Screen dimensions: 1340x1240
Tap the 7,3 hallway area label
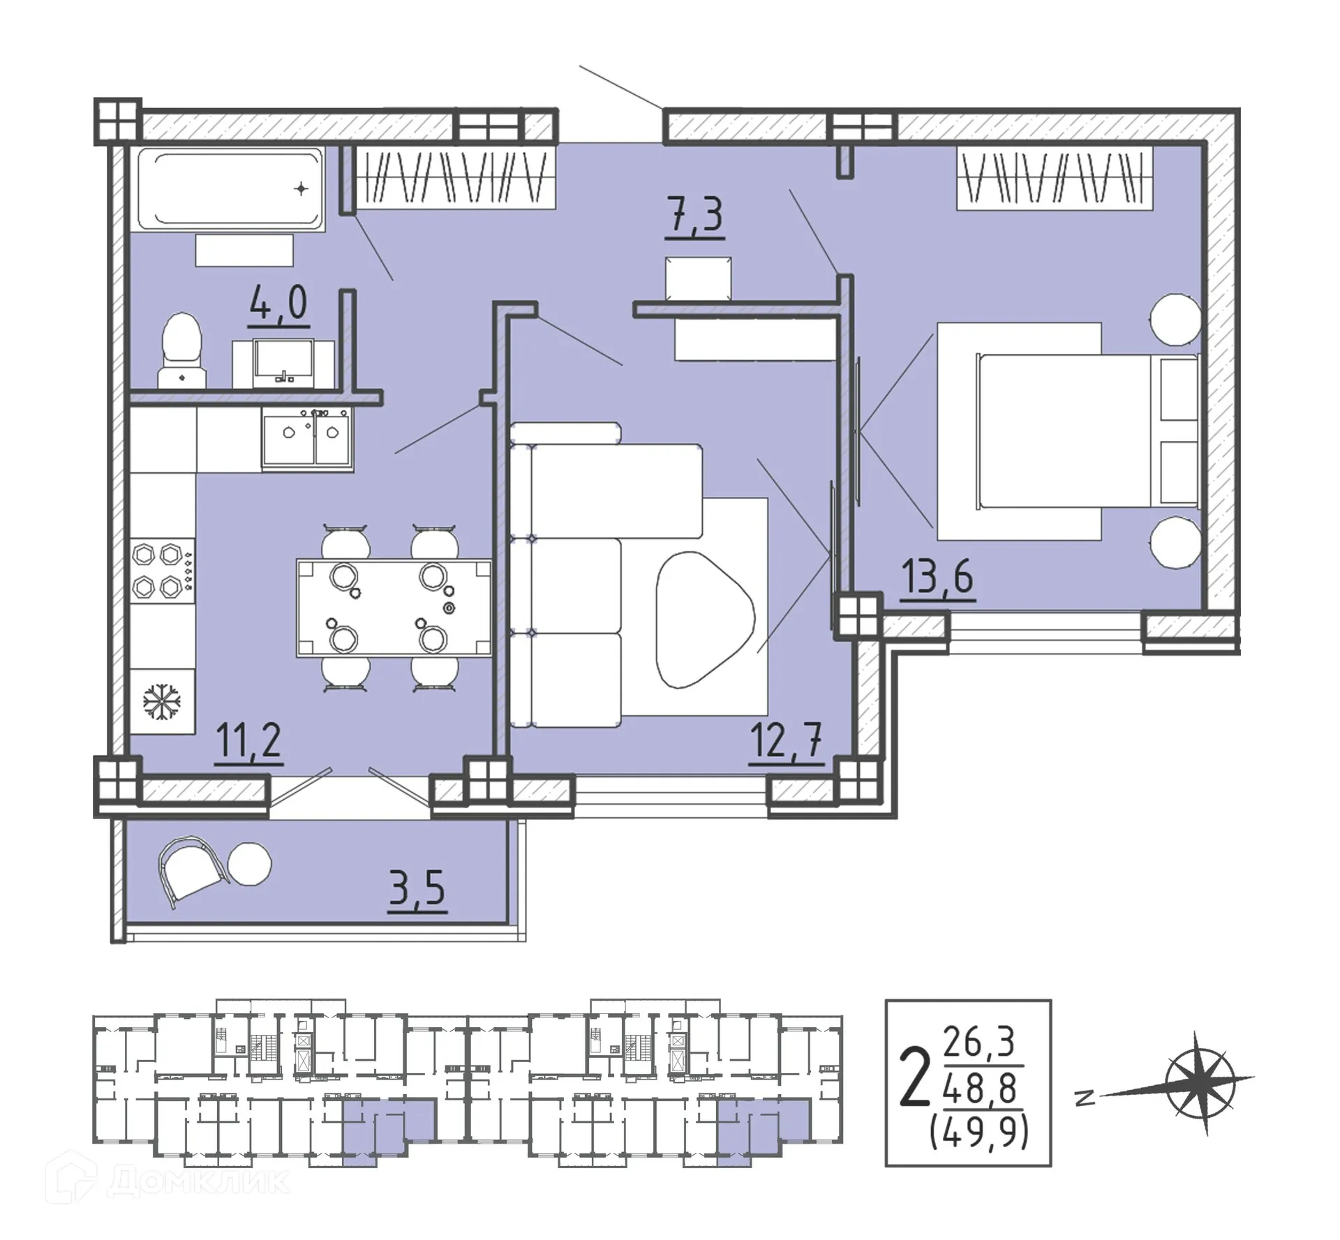[x=695, y=216]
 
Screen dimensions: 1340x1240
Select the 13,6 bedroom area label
[x=937, y=577]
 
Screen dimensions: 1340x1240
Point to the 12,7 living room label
[x=786, y=741]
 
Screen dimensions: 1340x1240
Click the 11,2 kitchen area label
[x=248, y=742]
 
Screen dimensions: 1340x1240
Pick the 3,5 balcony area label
[x=417, y=889]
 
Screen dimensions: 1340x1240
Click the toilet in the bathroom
[x=181, y=350]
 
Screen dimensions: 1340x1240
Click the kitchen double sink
[x=308, y=438]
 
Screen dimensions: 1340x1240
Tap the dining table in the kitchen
[x=394, y=607]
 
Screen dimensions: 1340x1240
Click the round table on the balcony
[x=249, y=864]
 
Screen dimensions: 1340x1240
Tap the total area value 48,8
[x=980, y=1089]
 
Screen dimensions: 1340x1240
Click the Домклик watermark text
[x=199, y=1181]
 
